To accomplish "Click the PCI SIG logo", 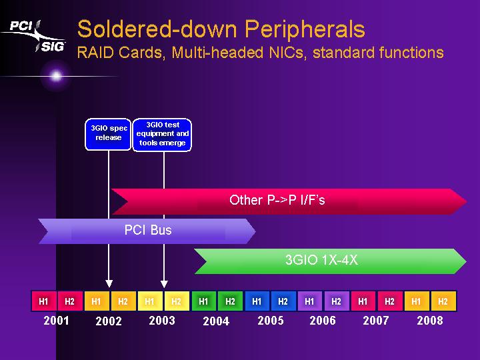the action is tap(34, 36).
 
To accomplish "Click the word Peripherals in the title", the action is tap(305, 30).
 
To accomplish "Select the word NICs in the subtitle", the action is tap(287, 53).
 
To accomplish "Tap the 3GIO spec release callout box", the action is tap(108, 135).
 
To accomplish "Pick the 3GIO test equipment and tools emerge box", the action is tap(162, 135).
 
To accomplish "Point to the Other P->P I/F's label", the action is tap(277, 200).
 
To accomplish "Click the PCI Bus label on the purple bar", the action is tap(148, 230).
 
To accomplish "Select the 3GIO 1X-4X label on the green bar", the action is tap(321, 260).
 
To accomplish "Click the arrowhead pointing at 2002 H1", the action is tap(109, 283).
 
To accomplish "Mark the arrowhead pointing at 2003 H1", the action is tap(164, 284).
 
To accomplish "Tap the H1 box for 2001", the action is tap(44, 301).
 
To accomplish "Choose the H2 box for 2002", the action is tap(123, 301).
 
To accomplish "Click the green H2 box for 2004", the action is tap(230, 301).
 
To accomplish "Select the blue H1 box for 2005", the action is tap(257, 301).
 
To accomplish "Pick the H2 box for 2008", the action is tap(443, 301).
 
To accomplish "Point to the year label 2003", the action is tap(162, 321).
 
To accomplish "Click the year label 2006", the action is tap(323, 321).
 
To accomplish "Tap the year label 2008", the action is tap(430, 321).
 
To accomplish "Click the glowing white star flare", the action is tap(56, 76).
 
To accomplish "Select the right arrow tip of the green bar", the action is tap(466, 261).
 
